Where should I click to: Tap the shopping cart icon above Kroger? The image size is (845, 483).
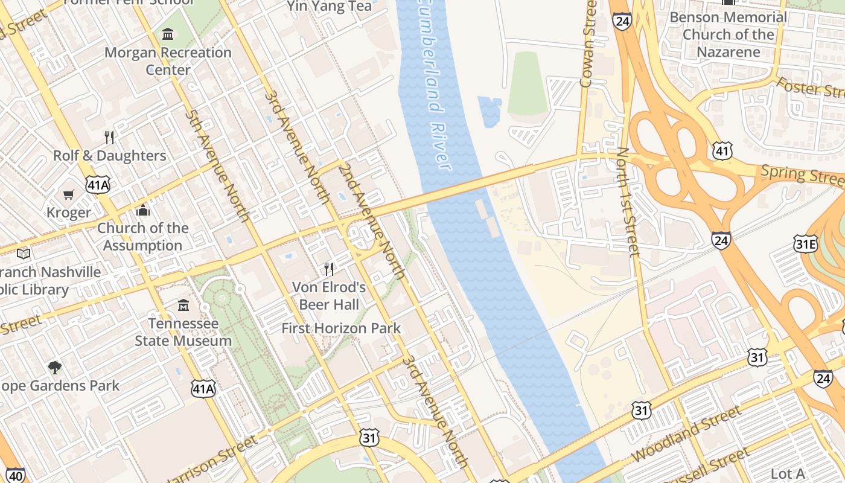pyautogui.click(x=69, y=194)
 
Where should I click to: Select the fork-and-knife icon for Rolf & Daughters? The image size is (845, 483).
pyautogui.click(x=109, y=137)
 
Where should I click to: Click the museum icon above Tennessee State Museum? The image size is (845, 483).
pyautogui.click(x=183, y=305)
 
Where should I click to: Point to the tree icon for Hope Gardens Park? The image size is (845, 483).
pyautogui.click(x=55, y=367)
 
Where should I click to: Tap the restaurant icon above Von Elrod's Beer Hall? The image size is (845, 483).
pyautogui.click(x=329, y=269)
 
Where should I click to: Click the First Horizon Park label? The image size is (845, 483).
pyautogui.click(x=341, y=328)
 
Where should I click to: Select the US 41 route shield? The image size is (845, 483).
pyautogui.click(x=722, y=150)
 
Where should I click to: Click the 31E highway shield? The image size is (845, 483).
pyautogui.click(x=805, y=244)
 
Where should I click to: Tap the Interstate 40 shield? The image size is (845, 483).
pyautogui.click(x=16, y=475)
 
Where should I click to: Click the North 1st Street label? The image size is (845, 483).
pyautogui.click(x=628, y=202)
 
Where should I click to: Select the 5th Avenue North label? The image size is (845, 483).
pyautogui.click(x=217, y=165)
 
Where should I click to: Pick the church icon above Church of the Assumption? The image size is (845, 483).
pyautogui.click(x=143, y=210)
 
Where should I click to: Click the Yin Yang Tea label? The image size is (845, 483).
pyautogui.click(x=329, y=7)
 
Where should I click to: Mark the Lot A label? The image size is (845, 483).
pyautogui.click(x=788, y=473)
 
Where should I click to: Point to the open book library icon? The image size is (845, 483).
pyautogui.click(x=24, y=254)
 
